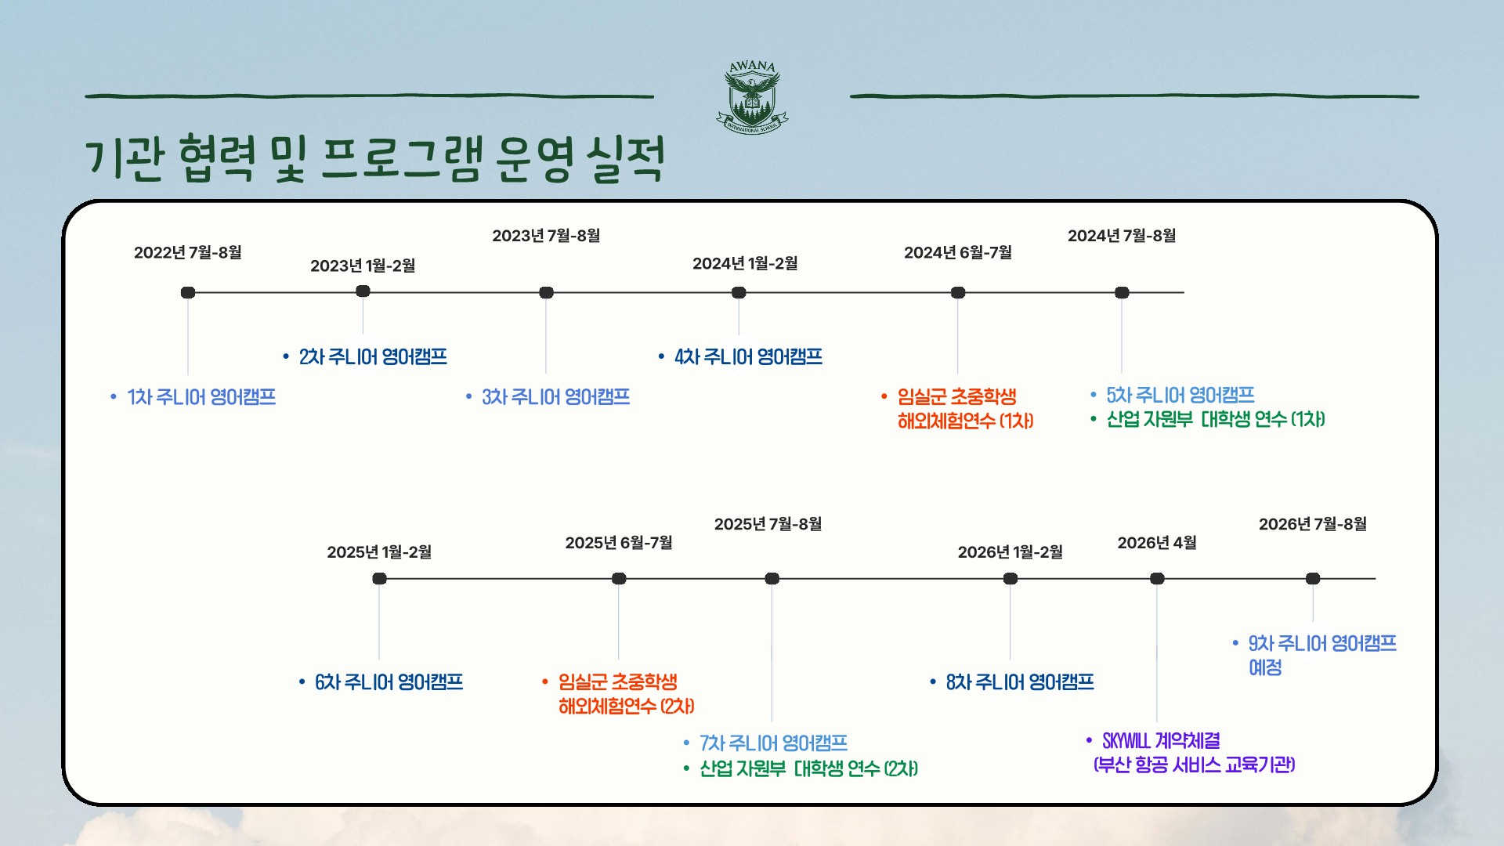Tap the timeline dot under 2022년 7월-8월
[x=188, y=292]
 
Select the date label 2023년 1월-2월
[x=363, y=266]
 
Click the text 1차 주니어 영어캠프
[x=201, y=397]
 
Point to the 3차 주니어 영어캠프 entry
[x=555, y=397]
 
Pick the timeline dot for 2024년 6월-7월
[x=958, y=292]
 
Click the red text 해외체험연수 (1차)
[x=966, y=421]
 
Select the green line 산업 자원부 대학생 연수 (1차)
[x=1216, y=420]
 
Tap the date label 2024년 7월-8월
[x=1122, y=236]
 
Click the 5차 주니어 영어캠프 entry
[x=1180, y=396]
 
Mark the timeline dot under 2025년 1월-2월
[x=379, y=578]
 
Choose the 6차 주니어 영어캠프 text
[x=389, y=682]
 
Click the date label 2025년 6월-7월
[x=619, y=543]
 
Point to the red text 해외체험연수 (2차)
[x=627, y=707]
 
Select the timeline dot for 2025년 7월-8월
[x=772, y=578]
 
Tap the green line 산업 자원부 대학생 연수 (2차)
[x=809, y=768]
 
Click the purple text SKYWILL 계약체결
[x=1161, y=741]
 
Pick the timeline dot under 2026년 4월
[x=1157, y=578]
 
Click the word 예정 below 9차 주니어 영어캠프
[x=1265, y=667]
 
